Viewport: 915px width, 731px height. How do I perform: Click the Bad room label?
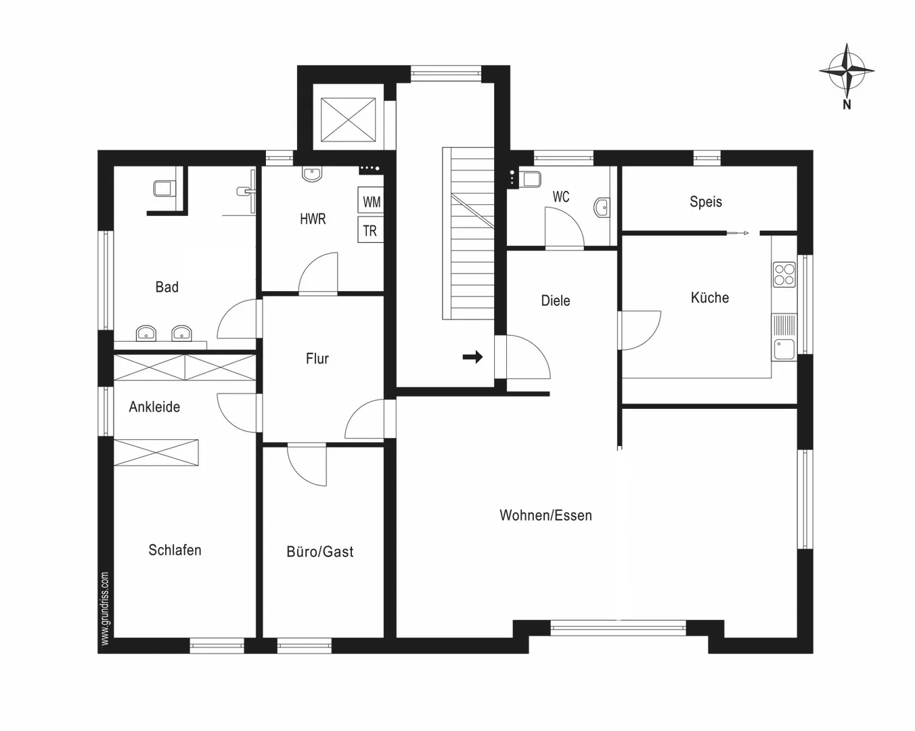pos(167,287)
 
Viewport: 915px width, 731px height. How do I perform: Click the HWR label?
pos(313,219)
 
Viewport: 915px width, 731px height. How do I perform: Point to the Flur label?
pos(317,359)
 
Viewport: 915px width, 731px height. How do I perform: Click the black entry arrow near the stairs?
pos(473,357)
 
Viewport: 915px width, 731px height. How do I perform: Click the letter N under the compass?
pos(847,105)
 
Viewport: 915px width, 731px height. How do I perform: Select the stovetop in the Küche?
pos(784,275)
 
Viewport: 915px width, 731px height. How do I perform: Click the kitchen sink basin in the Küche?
pos(784,349)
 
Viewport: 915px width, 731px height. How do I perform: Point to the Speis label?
pos(706,202)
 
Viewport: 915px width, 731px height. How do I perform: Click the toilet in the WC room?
pos(531,179)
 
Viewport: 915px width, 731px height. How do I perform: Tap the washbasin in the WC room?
pos(602,208)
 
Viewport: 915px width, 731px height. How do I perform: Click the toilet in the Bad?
pos(164,188)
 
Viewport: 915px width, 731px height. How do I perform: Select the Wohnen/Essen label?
pos(546,515)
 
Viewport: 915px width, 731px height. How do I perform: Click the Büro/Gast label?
pos(320,552)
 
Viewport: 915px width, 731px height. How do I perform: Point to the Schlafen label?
pos(175,550)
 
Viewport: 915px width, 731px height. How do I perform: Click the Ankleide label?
pos(155,407)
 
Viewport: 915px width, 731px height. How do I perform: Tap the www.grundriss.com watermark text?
pos(105,608)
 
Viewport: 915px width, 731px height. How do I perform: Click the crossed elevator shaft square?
pos(349,120)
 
